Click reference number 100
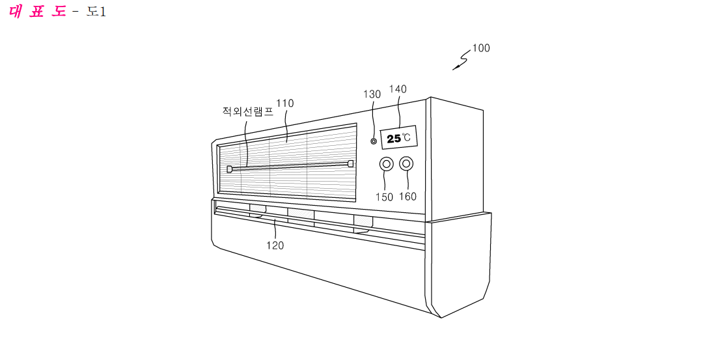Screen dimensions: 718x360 (481, 48)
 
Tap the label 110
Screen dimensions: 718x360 (285, 104)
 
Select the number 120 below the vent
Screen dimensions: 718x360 (275, 245)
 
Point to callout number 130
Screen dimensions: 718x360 (372, 94)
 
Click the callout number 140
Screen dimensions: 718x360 (398, 89)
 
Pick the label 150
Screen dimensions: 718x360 (384, 197)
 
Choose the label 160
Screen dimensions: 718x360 (407, 197)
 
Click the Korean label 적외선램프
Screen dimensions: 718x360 (248, 111)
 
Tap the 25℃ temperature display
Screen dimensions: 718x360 (399, 137)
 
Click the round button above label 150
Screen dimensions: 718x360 (386, 165)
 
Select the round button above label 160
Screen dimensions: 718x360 (406, 163)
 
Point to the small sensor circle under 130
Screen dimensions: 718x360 (374, 141)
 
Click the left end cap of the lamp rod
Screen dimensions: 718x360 (229, 169)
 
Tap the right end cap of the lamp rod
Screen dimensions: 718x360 (351, 163)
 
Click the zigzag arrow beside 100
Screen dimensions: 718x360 (462, 60)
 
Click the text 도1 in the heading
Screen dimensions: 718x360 (96, 12)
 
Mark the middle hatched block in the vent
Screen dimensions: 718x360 (301, 214)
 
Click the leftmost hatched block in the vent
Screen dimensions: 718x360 (257, 210)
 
